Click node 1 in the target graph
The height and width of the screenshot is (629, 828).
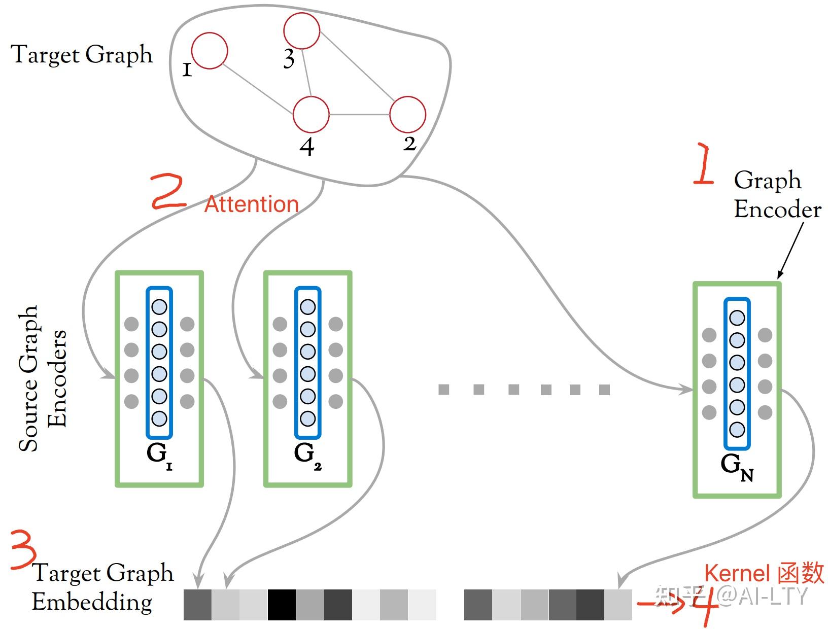210,51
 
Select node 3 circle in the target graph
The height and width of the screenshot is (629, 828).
302,31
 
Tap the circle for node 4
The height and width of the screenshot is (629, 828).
311,114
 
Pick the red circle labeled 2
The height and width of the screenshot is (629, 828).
407,114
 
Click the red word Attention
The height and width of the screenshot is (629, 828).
251,204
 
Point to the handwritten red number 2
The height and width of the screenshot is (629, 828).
168,192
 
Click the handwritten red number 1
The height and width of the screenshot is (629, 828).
703,165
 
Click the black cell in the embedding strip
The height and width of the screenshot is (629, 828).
282,604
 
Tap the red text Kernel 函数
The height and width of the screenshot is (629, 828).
764,573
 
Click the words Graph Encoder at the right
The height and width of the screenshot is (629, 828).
776,195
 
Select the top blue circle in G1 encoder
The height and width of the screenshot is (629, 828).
159,307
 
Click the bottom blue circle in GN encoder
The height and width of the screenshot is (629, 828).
737,430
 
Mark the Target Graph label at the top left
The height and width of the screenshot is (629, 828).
82,55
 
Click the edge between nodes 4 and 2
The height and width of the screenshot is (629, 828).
359,115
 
